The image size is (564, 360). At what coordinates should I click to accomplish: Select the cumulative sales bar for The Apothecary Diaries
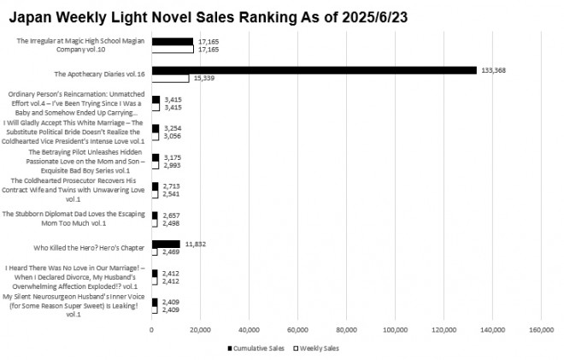[x=314, y=70]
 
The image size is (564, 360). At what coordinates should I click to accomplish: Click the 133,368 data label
[x=495, y=70]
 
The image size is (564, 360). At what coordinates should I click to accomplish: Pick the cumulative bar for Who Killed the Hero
[x=166, y=244]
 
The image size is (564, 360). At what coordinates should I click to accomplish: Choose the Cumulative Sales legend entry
[x=256, y=349]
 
